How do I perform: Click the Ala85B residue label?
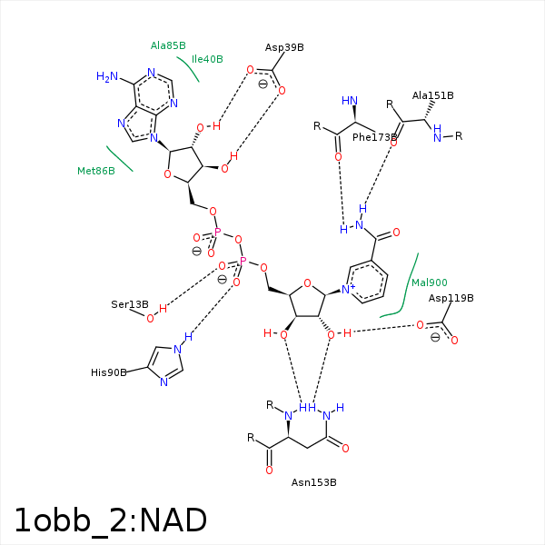pyautogui.click(x=168, y=45)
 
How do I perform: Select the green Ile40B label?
pyautogui.click(x=207, y=59)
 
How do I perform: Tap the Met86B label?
pyautogui.click(x=95, y=171)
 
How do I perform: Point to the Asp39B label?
pyautogui.click(x=284, y=47)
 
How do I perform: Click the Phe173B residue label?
pyautogui.click(x=375, y=137)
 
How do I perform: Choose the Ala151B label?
pyautogui.click(x=432, y=95)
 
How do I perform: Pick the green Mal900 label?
pyautogui.click(x=429, y=282)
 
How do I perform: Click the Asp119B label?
pyautogui.click(x=451, y=298)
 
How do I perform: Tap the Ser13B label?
pyautogui.click(x=129, y=304)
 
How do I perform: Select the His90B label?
pyautogui.click(x=109, y=372)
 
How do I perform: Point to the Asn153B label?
pyautogui.click(x=313, y=482)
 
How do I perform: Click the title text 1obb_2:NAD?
pyautogui.click(x=110, y=520)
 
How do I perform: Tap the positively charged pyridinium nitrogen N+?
pyautogui.click(x=347, y=290)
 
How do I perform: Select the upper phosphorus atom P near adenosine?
pyautogui.click(x=217, y=233)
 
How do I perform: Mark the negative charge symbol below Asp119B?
pyautogui.click(x=435, y=338)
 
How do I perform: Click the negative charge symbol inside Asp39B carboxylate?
pyautogui.click(x=263, y=84)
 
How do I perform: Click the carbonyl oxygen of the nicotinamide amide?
pyautogui.click(x=396, y=233)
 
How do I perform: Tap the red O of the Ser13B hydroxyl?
pyautogui.click(x=151, y=318)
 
